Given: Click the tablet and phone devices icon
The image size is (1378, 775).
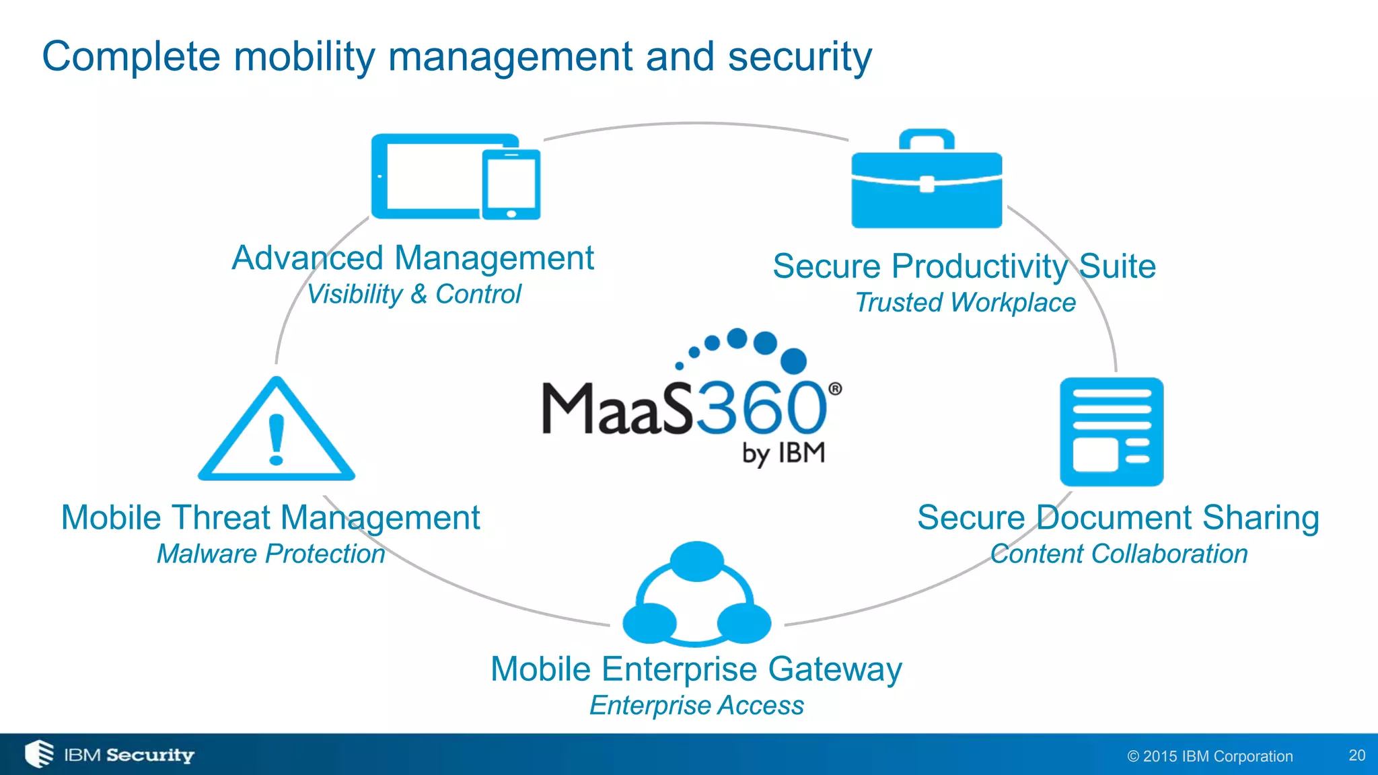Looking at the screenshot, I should pos(456,176).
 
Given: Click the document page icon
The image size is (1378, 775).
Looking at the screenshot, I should pos(1112,432).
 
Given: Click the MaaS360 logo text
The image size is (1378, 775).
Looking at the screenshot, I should pos(685,408).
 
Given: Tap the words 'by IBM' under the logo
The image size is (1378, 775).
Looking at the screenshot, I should pos(784,453).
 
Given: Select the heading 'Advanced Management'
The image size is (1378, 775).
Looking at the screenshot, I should pos(412,258).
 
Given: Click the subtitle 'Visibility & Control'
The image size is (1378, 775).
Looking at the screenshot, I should pos(414,295).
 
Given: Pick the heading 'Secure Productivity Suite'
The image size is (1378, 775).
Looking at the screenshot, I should pos(964,266).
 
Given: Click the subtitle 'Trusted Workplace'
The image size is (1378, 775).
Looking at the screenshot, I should pos(965,303).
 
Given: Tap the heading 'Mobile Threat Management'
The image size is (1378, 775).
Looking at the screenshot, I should pos(270,518).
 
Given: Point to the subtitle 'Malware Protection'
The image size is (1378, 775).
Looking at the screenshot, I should pos(270,554).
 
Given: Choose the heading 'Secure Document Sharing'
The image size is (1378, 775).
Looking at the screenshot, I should pos(1118,518).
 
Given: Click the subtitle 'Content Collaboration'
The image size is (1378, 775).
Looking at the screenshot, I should pos(1119,554).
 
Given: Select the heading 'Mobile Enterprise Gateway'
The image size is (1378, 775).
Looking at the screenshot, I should pos(696,669).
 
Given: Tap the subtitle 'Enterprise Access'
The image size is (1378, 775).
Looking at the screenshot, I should pos(696,706).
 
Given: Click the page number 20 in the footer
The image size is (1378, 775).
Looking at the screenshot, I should pos(1356,755).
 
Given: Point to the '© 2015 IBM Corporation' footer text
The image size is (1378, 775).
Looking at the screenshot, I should pos(1210,756).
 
